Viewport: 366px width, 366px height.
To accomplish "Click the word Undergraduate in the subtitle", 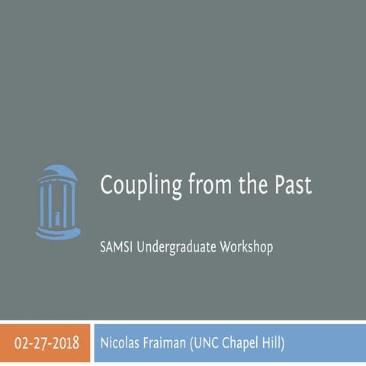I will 176,248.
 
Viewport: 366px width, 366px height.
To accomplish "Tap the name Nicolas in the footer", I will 121,342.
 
